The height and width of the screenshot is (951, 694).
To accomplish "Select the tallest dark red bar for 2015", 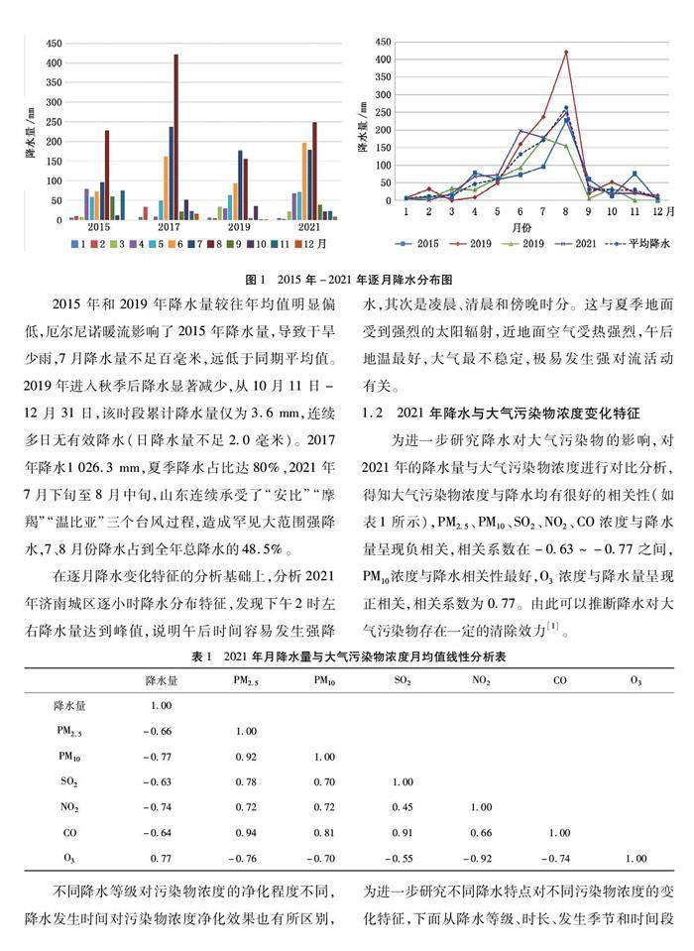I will click(107, 175).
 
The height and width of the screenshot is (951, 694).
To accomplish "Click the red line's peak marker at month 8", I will click(566, 52).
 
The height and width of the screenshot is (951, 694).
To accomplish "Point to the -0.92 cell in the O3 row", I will click(480, 857).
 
